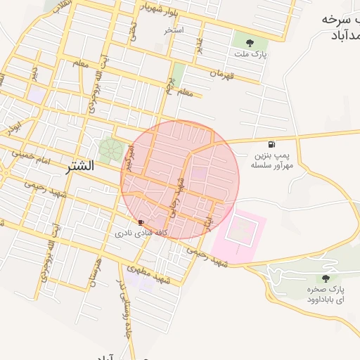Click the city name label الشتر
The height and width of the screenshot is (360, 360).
pos(81,167)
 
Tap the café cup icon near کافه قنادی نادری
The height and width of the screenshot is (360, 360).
pos(142,221)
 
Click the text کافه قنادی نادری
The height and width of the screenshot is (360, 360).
pos(142,231)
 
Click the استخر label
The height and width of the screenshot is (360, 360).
pos(174,31)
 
